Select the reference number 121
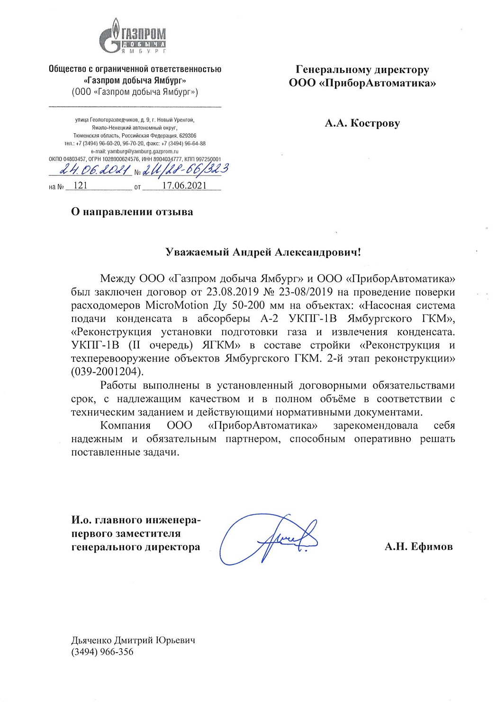point(81,185)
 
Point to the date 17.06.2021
point(184,185)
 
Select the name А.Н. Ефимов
point(418,547)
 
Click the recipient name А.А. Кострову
point(362,123)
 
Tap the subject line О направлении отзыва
point(132,212)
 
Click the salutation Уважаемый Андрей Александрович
point(263,252)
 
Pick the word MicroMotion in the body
point(177,305)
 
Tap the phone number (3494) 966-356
point(102,652)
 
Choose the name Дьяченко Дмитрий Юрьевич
point(133,640)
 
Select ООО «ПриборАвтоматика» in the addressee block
point(362,83)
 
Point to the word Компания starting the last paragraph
point(125,425)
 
